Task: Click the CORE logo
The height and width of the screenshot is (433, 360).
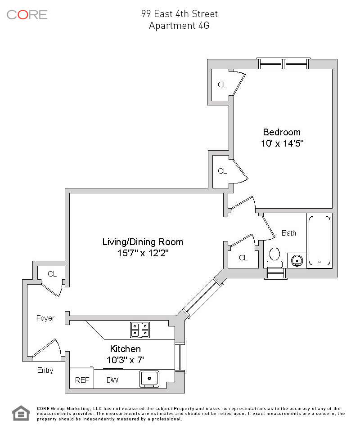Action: click(27, 15)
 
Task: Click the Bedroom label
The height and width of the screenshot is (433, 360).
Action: click(282, 132)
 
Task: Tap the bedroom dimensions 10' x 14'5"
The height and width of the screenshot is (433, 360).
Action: click(282, 143)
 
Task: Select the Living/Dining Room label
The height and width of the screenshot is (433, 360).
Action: click(143, 242)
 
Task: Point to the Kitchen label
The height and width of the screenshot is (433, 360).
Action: click(126, 349)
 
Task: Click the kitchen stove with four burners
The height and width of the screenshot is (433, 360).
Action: click(140, 330)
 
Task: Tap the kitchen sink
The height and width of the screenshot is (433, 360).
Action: click(149, 379)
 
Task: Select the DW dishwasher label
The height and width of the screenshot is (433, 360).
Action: click(112, 380)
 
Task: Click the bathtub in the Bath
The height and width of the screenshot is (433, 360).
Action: click(319, 241)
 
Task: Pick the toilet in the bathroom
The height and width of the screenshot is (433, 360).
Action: click(274, 258)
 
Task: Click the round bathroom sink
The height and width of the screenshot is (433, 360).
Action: click(297, 260)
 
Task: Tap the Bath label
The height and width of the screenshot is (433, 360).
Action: click(289, 233)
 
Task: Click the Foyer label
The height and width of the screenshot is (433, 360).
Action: click(45, 318)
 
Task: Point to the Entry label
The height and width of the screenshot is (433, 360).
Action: click(45, 371)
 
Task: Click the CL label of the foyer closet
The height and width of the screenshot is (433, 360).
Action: click(52, 274)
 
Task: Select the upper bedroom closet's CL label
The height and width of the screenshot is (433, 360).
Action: click(222, 85)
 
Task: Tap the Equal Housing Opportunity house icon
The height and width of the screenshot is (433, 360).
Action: click(21, 413)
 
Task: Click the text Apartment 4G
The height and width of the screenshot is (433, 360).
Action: click(179, 26)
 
